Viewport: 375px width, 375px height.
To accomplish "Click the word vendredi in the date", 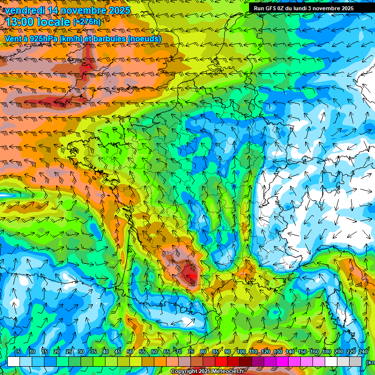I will click(x=24, y=10).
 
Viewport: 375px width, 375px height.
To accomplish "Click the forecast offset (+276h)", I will click(x=87, y=22).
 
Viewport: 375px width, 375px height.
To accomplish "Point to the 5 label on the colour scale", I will click(x=18, y=352).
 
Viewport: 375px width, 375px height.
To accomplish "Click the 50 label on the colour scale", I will click(x=130, y=352).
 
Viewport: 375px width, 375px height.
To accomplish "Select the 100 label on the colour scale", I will click(x=241, y=352).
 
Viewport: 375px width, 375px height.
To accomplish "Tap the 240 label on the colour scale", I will click(x=363, y=352).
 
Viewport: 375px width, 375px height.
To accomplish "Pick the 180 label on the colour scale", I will click(x=326, y=352).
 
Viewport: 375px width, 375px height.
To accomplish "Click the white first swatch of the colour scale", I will click(x=14, y=361).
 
